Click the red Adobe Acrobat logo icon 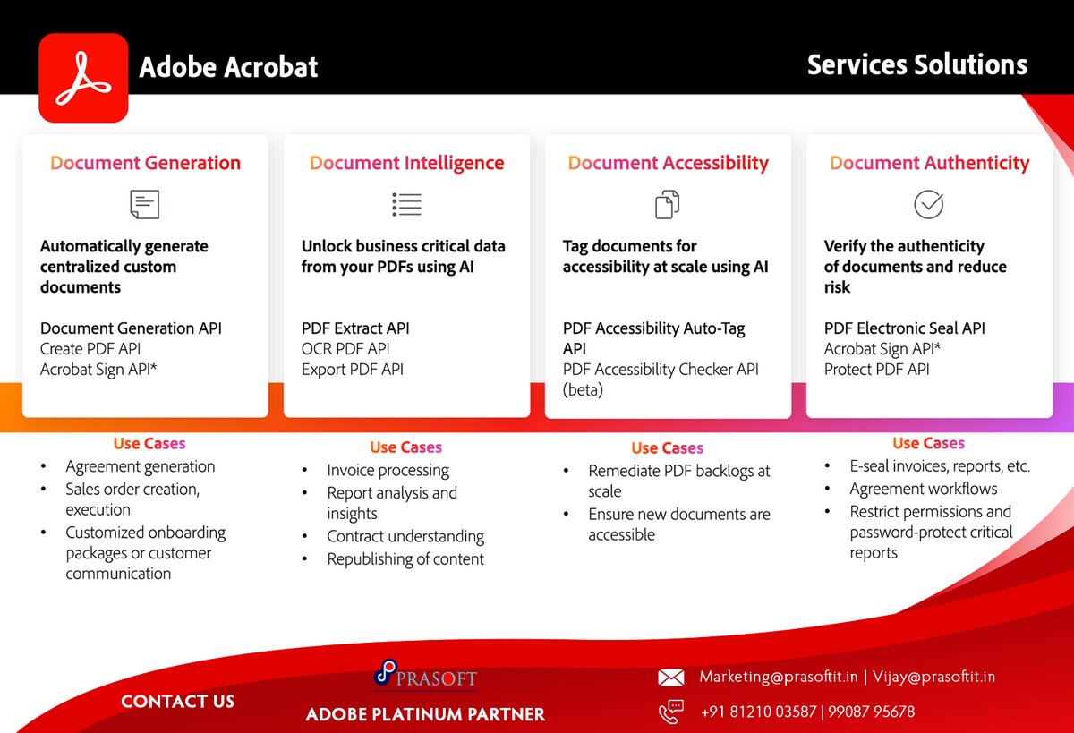(83, 78)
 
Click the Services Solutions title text (917, 64)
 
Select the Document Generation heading (145, 163)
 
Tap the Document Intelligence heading (406, 163)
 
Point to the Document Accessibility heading (668, 163)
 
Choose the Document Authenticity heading (929, 163)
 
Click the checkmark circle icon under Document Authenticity (928, 204)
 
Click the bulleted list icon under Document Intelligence (406, 204)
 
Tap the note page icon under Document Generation (144, 204)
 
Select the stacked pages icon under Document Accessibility (668, 204)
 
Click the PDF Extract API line (355, 328)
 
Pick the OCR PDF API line (345, 349)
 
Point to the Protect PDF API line (877, 370)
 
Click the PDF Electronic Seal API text (904, 328)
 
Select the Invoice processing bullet (388, 470)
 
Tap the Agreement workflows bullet (923, 489)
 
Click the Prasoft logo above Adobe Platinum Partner (425, 676)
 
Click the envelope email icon (671, 678)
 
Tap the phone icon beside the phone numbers (670, 712)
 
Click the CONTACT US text (177, 702)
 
